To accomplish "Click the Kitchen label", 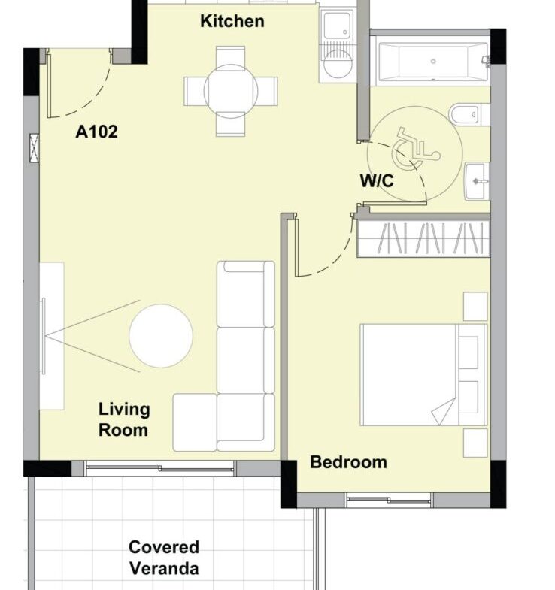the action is pyautogui.click(x=232, y=21).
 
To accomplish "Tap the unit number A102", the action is pyautogui.click(x=96, y=132).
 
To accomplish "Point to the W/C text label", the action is pyautogui.click(x=377, y=180).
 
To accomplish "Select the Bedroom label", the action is pyautogui.click(x=348, y=462).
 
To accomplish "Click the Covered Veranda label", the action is pyautogui.click(x=164, y=558).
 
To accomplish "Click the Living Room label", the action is pyautogui.click(x=124, y=419).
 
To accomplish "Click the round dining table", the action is pyautogui.click(x=231, y=91).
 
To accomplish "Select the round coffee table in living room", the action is pyautogui.click(x=161, y=336).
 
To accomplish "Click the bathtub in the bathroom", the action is pyautogui.click(x=433, y=62).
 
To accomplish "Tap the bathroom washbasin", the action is pyautogui.click(x=477, y=181).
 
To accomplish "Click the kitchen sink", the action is pyautogui.click(x=337, y=26).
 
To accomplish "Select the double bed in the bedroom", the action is pyautogui.click(x=423, y=375).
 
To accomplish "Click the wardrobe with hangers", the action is pyautogui.click(x=423, y=238).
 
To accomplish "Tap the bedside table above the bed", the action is pyautogui.click(x=475, y=307).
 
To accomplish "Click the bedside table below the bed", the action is pyautogui.click(x=475, y=443).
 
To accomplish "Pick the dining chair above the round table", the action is pyautogui.click(x=230, y=56).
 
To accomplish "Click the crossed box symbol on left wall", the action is pyautogui.click(x=35, y=148).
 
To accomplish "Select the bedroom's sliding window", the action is pyautogui.click(x=390, y=500).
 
